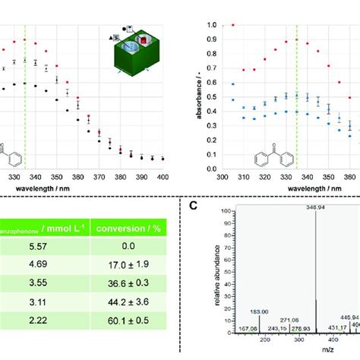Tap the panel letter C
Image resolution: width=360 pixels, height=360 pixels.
pos(193,204)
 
